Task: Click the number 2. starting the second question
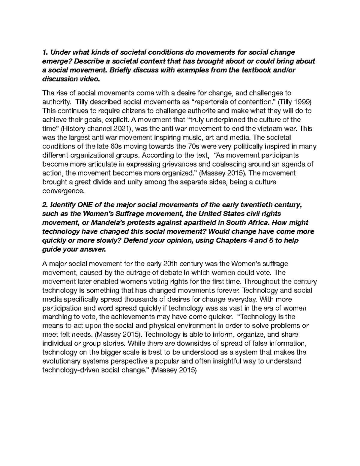click(45, 205)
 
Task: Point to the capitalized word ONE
click(85, 205)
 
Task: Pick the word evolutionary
click(61, 362)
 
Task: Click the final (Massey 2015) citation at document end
click(174, 371)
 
